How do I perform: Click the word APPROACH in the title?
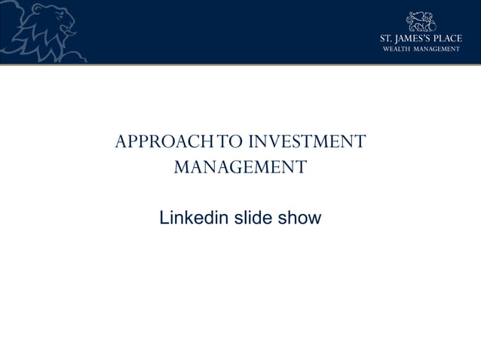[x=158, y=141]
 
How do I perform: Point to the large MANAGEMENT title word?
[x=240, y=166]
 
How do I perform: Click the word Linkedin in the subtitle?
[x=193, y=218]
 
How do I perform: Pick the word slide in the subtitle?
[x=255, y=218]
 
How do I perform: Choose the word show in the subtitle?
[x=301, y=218]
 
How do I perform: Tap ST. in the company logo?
[x=386, y=38]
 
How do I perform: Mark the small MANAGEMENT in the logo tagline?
[x=441, y=49]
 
